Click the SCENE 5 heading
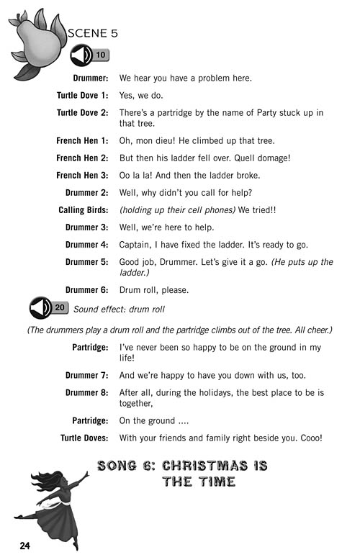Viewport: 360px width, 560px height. pos(92,33)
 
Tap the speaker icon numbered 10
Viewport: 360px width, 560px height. pos(89,55)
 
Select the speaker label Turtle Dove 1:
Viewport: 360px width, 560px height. pos(82,95)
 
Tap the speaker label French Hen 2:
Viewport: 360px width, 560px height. pos(82,158)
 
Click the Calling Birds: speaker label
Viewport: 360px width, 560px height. pos(83,209)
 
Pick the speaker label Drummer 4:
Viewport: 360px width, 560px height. pos(86,244)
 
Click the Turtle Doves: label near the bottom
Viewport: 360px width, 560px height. pos(84,438)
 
